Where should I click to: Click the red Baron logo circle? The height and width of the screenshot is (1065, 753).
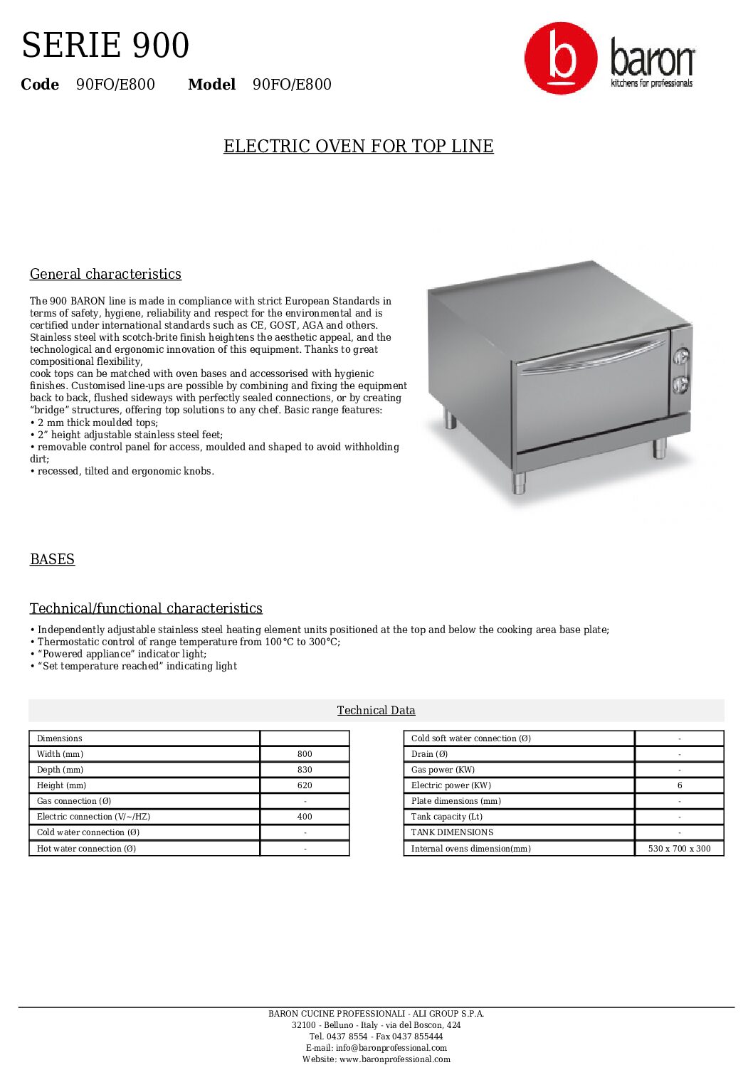(x=561, y=58)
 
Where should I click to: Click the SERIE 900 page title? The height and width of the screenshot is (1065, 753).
(x=105, y=46)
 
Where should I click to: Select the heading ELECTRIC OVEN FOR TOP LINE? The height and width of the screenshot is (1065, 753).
(x=358, y=147)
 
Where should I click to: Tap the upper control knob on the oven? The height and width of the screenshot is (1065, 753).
(x=681, y=356)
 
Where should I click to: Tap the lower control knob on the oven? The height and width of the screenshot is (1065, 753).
(x=681, y=384)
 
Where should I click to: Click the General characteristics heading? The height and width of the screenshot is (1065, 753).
(x=105, y=275)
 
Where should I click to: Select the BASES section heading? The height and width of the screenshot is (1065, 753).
(x=52, y=559)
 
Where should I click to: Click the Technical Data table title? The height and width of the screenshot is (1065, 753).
(x=376, y=710)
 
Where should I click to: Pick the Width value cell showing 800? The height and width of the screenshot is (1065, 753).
(x=305, y=754)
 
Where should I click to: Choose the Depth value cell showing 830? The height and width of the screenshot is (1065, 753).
(x=305, y=770)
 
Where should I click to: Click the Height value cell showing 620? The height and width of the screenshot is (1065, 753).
(x=305, y=785)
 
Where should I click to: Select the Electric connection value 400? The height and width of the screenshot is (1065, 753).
(x=305, y=817)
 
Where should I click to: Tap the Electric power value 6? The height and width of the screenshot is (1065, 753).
(x=679, y=785)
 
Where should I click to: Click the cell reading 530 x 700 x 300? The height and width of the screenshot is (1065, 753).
(x=679, y=849)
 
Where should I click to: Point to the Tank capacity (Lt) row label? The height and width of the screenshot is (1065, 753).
(x=447, y=817)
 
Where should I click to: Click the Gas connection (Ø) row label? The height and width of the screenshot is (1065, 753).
(x=74, y=801)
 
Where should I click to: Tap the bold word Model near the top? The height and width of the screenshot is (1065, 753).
(x=211, y=85)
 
